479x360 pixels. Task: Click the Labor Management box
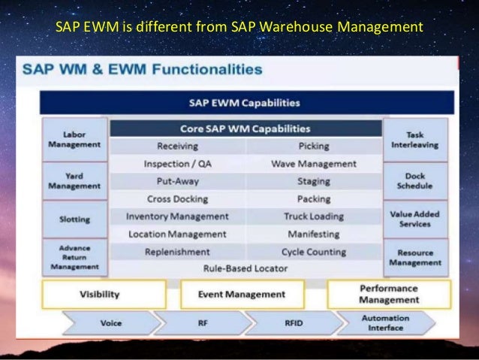coord(75,139)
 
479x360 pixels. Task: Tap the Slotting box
coord(75,219)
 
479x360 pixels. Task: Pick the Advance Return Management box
coord(75,257)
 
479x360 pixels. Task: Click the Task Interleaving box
coord(415,139)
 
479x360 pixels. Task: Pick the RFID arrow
coord(294,323)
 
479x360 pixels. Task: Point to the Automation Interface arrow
coord(385,323)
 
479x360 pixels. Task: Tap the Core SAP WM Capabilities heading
coord(245,129)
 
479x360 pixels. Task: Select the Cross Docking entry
coord(177,199)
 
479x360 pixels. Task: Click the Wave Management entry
coord(314,163)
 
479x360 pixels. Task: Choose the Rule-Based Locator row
coord(245,268)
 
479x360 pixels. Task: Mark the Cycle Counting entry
coord(314,252)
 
